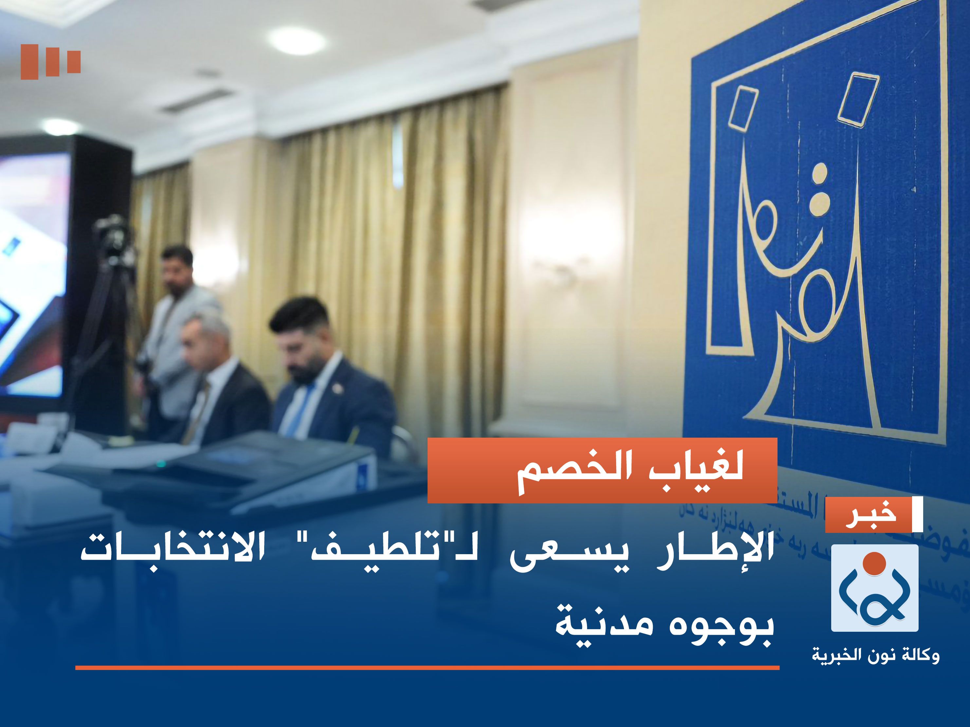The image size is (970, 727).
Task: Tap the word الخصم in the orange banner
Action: click(575, 470)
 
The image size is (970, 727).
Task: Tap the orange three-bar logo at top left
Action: click(50, 62)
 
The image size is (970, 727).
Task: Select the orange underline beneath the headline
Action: click(427, 668)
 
